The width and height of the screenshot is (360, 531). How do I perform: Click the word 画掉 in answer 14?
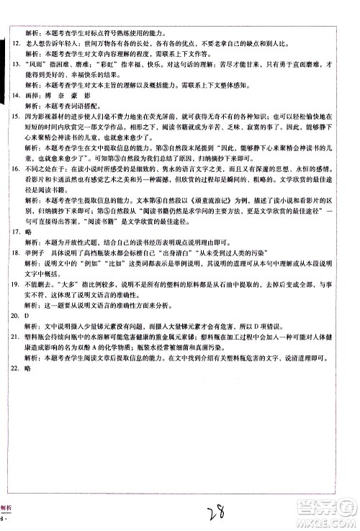[32, 94]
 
